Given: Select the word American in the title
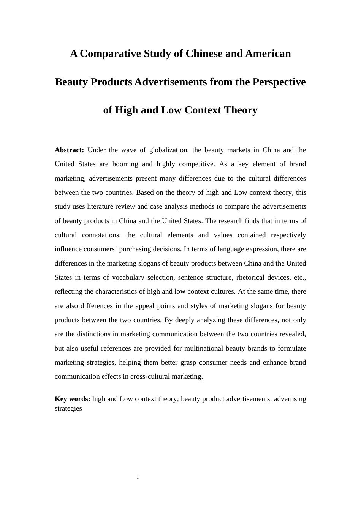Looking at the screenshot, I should coord(268,54).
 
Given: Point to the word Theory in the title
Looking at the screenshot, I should coord(241,110).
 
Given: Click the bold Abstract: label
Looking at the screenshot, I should coord(69,150).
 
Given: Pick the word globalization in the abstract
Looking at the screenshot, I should coord(168,150).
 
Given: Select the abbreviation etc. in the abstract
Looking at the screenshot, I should coord(300,277).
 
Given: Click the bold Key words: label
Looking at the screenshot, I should coord(72,399).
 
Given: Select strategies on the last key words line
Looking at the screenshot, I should coord(68,408).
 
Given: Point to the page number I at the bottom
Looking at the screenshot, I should coord(138,477).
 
